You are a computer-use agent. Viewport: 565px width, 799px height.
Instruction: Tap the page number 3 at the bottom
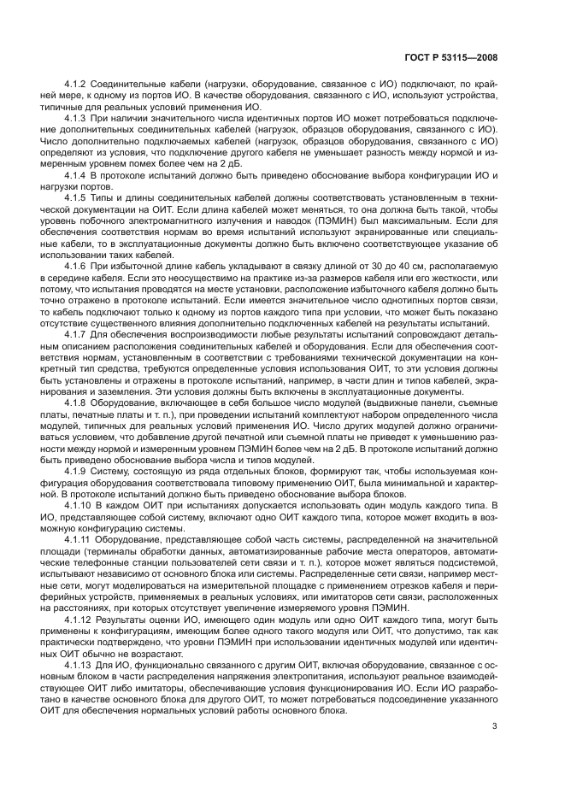[x=496, y=727]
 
